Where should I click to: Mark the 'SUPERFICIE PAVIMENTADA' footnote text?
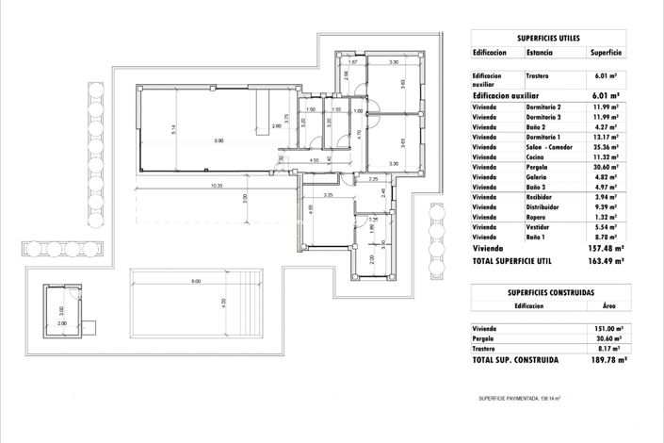point(518,399)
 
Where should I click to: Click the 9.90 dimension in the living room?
point(219,141)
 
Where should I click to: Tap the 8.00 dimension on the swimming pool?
point(195,282)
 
